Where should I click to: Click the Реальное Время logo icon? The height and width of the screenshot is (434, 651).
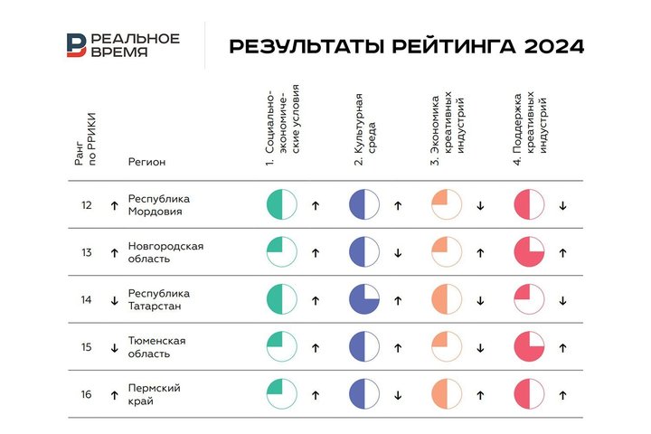click(x=76, y=45)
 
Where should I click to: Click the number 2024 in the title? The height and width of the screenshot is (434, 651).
click(x=552, y=46)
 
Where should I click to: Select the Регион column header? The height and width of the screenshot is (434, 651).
click(x=147, y=162)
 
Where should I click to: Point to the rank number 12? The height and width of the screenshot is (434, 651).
click(x=87, y=205)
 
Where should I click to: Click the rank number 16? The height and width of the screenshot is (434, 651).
click(x=87, y=394)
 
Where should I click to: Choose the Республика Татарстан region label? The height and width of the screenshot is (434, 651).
click(x=159, y=299)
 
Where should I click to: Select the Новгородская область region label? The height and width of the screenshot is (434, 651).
click(x=165, y=252)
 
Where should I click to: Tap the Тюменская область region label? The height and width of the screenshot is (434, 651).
click(x=157, y=347)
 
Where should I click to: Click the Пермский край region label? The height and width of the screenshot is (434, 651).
click(x=155, y=394)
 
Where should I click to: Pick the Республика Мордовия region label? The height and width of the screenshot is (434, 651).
click(x=159, y=205)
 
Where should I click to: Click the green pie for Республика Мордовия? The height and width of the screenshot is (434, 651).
click(x=282, y=205)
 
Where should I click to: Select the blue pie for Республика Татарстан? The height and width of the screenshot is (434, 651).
click(x=364, y=299)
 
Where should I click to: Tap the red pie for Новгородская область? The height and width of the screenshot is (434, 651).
click(x=529, y=252)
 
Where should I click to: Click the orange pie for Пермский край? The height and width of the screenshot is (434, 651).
click(x=447, y=394)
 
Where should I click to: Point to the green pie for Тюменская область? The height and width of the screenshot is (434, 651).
click(x=282, y=347)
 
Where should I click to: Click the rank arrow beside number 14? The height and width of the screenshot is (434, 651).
click(x=114, y=300)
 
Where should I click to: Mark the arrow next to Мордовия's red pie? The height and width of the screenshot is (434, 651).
click(x=562, y=205)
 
